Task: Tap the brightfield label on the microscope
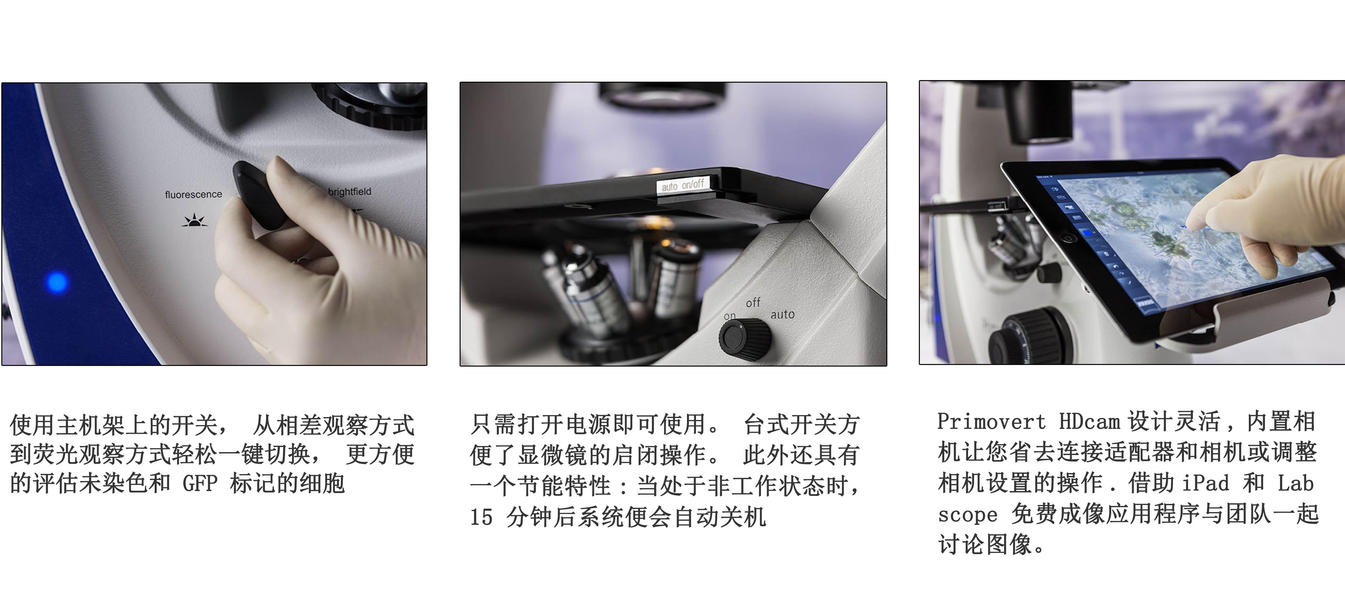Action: [x=349, y=192]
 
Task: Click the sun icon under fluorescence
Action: [x=194, y=221]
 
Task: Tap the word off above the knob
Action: [x=753, y=303]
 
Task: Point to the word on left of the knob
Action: [x=729, y=316]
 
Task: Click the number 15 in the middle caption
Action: [x=481, y=517]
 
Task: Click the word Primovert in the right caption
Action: [x=992, y=422]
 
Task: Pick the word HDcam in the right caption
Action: [x=1089, y=422]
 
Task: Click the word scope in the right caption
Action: [x=967, y=515]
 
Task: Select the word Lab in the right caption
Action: [x=1295, y=483]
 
